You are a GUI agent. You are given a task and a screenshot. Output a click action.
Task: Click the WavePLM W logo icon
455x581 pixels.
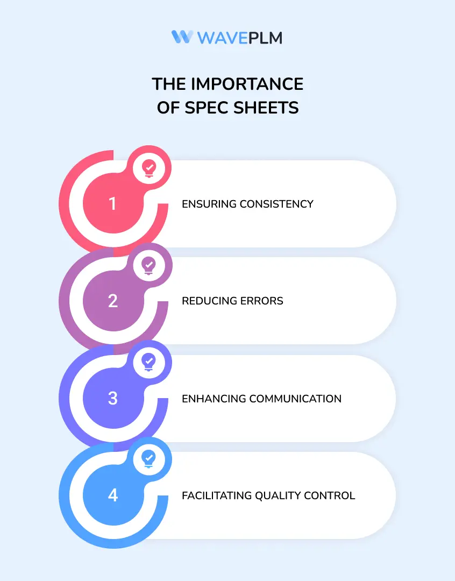(182, 37)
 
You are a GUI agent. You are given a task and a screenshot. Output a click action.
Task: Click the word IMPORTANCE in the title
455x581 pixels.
(247, 84)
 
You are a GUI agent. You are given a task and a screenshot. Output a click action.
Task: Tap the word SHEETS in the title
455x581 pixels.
(266, 108)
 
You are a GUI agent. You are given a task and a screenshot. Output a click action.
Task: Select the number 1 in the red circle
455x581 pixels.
(112, 203)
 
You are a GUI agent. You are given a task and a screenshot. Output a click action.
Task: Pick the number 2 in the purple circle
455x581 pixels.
(113, 301)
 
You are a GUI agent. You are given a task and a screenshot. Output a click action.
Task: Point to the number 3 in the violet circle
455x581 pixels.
(112, 398)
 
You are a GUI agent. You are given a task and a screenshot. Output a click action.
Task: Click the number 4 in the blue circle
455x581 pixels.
(113, 495)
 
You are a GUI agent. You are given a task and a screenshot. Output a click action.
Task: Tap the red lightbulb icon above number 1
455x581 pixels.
(149, 168)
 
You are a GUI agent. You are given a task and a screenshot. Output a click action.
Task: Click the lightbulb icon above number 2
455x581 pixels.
(149, 266)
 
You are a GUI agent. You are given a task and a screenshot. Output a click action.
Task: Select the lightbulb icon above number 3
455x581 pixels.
(149, 362)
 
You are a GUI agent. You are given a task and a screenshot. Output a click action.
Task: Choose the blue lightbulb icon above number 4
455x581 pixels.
(149, 459)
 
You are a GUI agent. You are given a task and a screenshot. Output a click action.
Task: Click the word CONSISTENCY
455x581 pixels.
(276, 204)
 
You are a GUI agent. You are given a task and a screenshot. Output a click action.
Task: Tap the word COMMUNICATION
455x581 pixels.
(295, 399)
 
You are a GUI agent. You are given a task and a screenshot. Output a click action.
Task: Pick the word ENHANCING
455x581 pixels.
(214, 399)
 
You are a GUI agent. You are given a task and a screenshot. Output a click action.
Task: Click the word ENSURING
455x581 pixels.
(209, 204)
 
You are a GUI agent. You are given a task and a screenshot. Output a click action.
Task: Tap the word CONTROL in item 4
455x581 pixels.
(329, 496)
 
